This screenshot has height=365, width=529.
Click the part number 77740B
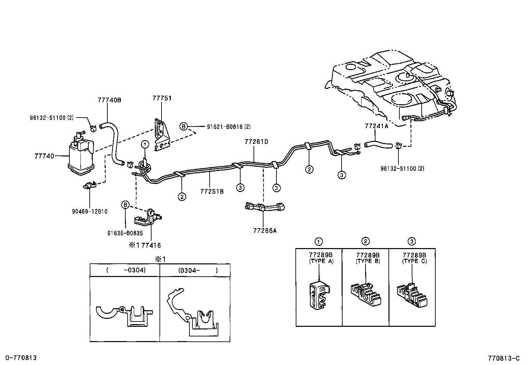click(109, 100)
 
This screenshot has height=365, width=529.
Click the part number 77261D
click(256, 142)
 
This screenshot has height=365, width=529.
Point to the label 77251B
click(212, 191)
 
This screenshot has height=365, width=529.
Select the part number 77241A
click(376, 126)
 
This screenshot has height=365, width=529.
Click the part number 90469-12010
click(90, 211)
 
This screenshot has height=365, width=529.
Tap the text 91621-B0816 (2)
click(229, 127)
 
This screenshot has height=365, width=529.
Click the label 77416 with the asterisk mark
click(145, 245)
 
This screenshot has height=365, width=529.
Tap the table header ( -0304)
click(126, 270)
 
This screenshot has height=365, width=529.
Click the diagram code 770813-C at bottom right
click(504, 358)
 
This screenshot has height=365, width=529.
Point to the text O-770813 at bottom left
click(21, 358)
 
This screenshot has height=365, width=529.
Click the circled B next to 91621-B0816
click(184, 127)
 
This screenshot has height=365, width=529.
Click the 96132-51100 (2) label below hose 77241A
click(402, 168)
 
